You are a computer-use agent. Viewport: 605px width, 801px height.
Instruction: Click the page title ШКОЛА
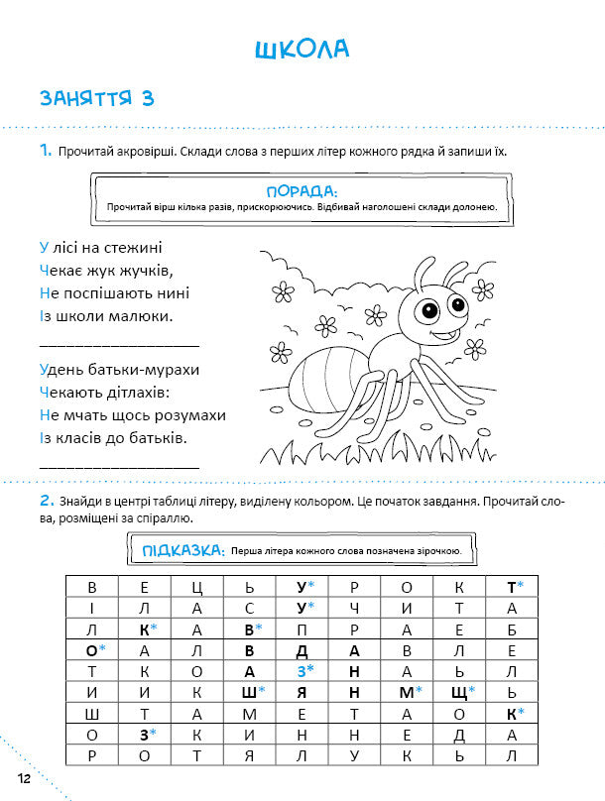[x=302, y=50]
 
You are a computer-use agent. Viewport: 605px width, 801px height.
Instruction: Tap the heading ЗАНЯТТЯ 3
[x=96, y=99]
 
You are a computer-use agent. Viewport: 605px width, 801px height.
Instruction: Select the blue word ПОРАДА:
[x=302, y=190]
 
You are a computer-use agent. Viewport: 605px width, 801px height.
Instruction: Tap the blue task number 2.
[x=46, y=502]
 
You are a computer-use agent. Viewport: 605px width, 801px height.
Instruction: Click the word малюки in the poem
[x=141, y=316]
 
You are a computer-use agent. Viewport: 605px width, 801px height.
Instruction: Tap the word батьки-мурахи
[x=149, y=369]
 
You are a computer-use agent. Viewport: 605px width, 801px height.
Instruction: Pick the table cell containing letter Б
[x=511, y=629]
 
